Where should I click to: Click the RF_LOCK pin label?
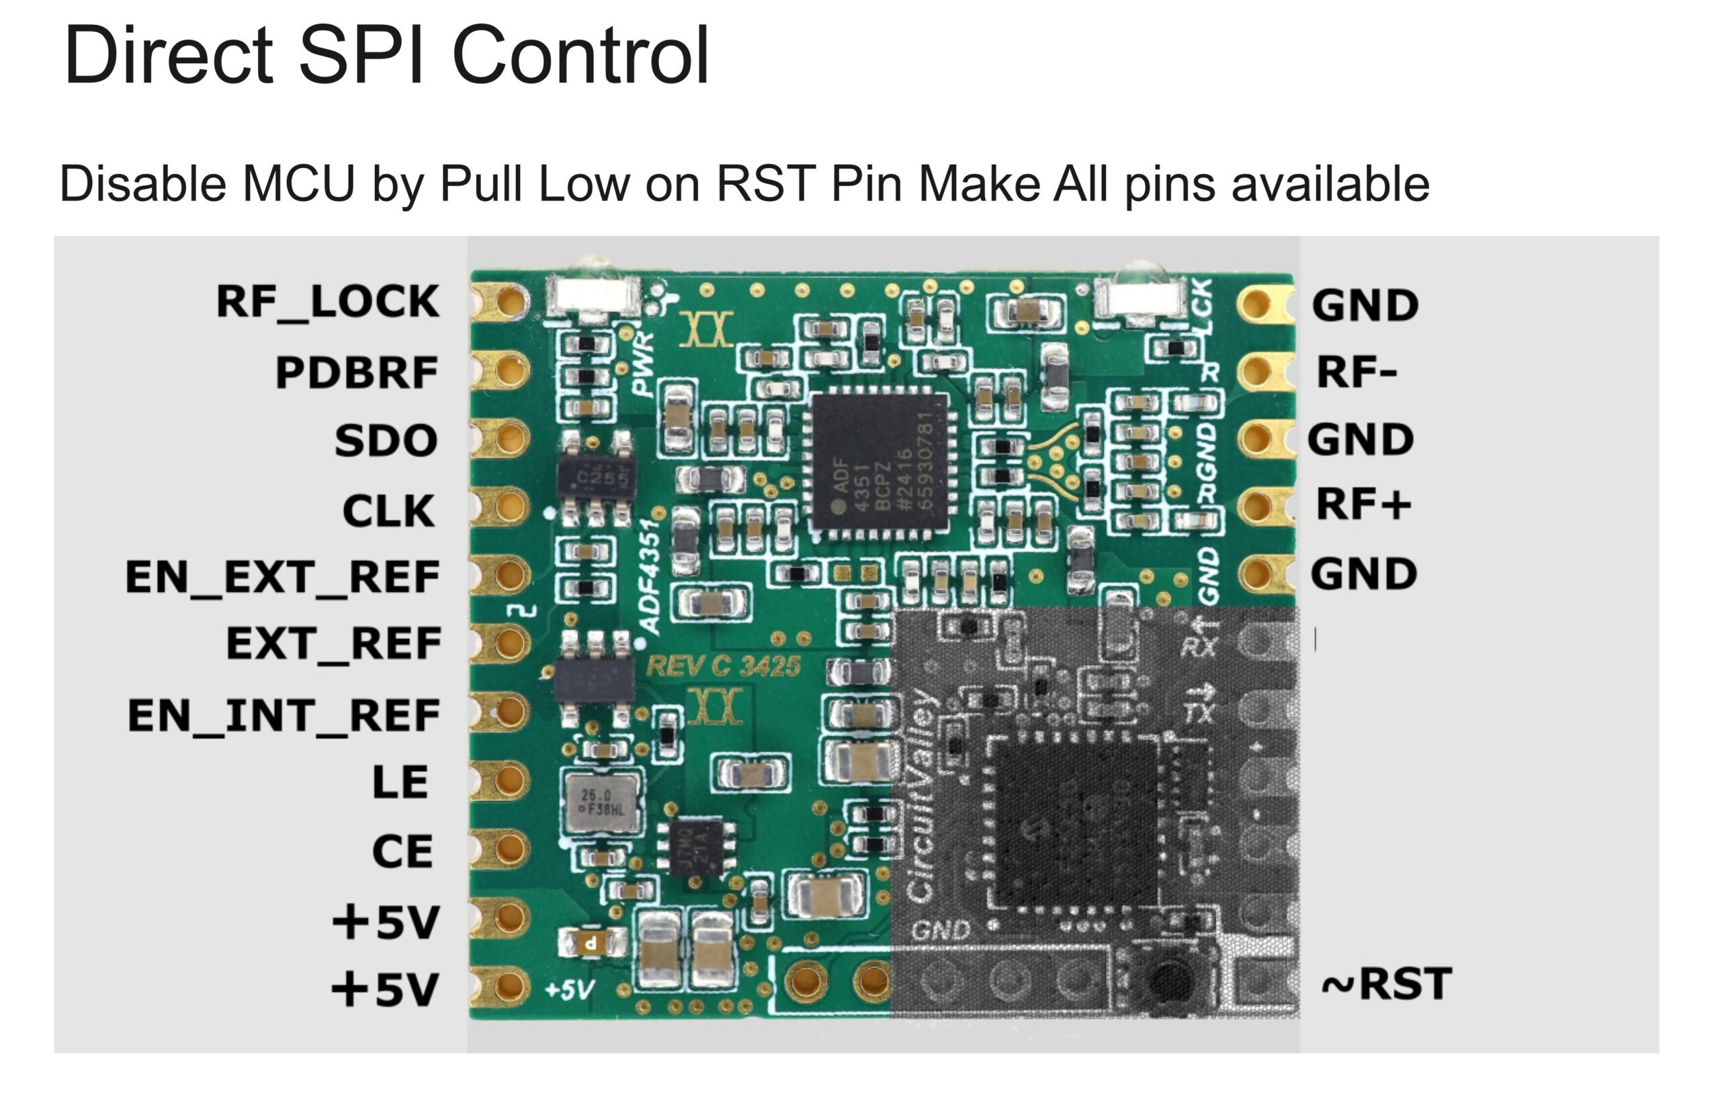328,302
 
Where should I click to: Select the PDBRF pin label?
357,372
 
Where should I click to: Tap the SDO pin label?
386,440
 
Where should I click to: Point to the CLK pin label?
388,511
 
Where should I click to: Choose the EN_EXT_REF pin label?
283,577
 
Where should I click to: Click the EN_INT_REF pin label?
284,716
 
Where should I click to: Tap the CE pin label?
402,851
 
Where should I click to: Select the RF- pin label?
1357,372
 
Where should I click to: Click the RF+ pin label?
1363,504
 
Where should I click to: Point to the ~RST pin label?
1387,983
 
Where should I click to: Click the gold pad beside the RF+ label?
1257,505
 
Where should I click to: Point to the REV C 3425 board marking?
723,667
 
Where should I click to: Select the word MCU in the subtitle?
298,184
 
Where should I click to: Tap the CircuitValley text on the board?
922,795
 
